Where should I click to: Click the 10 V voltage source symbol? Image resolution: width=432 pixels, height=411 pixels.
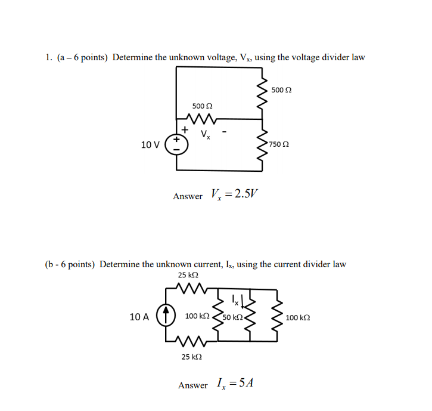coord(176,144)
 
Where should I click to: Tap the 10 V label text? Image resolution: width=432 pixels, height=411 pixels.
coord(150,145)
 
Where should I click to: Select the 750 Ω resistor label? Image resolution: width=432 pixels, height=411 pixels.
coord(279,144)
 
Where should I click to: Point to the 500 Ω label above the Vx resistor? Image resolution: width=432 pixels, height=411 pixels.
coord(203,105)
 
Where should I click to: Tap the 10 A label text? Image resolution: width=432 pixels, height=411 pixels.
coord(139,317)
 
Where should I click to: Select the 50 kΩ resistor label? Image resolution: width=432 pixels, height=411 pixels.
coord(232,317)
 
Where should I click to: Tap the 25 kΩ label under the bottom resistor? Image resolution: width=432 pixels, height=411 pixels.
coord(191,356)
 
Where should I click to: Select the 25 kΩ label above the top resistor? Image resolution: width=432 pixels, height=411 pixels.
coord(188,275)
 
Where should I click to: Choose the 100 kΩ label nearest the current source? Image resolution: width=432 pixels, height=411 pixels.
coord(197,316)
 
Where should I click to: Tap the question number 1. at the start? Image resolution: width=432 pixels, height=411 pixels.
coord(48,58)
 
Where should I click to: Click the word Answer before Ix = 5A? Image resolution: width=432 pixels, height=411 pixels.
coord(193,385)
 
